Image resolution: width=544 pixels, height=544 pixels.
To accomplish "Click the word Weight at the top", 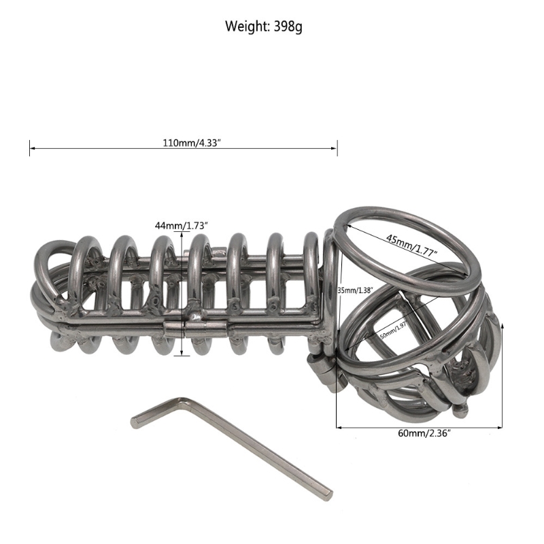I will (x=246, y=28).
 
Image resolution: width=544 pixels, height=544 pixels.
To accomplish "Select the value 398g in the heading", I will (x=286, y=28).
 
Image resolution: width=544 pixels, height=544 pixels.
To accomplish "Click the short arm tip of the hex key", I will (x=134, y=422).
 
